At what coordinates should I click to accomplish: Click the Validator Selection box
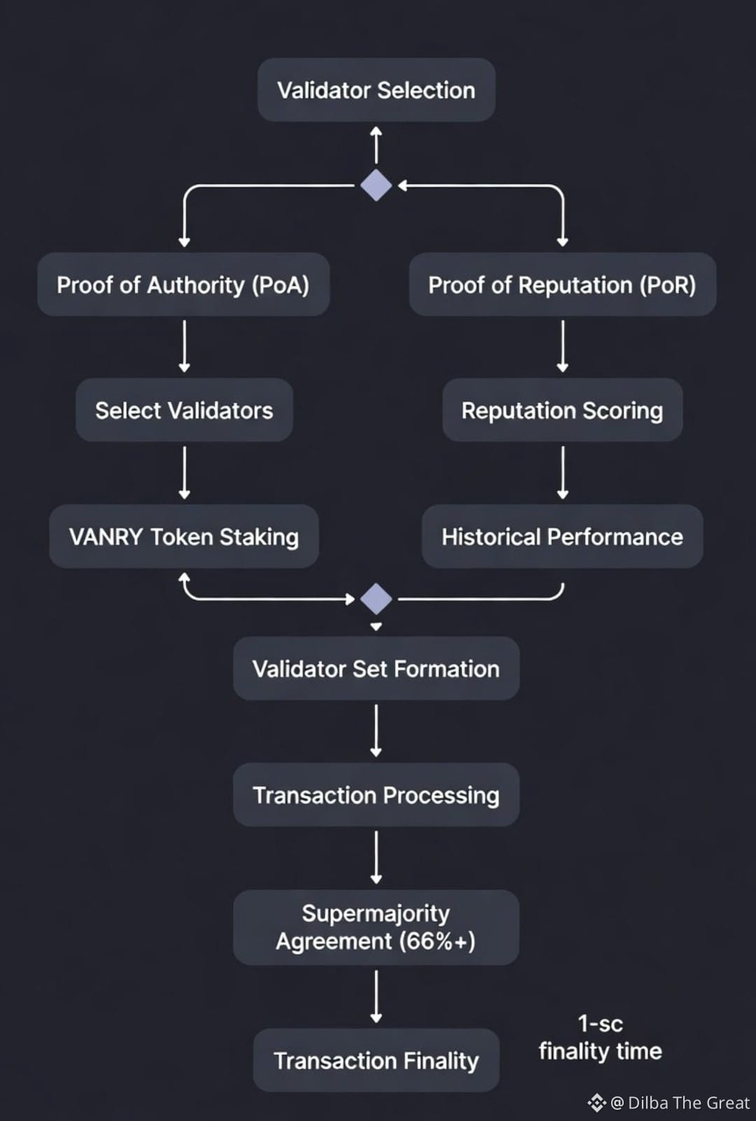tap(376, 90)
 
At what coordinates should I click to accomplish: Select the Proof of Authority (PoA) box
tap(183, 285)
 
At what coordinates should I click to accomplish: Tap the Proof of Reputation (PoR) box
tap(562, 285)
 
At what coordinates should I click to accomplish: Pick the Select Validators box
tap(184, 410)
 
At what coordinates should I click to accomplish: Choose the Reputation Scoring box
tap(562, 410)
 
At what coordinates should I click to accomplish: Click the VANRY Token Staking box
tap(184, 537)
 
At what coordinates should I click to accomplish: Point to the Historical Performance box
tap(562, 537)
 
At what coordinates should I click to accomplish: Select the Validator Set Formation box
tap(376, 669)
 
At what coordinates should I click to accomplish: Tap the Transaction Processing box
tap(376, 795)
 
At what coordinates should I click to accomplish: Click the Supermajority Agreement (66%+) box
tap(376, 927)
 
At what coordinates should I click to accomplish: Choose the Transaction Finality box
tap(376, 1060)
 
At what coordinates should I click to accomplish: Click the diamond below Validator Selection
tap(376, 185)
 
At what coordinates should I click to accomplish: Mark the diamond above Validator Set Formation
tap(376, 599)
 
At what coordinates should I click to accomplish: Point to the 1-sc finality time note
tap(600, 1038)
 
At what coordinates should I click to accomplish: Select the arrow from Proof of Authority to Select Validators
tap(184, 346)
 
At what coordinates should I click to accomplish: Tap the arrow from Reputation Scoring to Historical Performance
tap(562, 473)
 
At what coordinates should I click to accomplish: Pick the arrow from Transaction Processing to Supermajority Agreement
tap(376, 857)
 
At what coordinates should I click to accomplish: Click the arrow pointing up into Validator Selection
tap(376, 145)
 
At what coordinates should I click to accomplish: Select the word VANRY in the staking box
tap(106, 537)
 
